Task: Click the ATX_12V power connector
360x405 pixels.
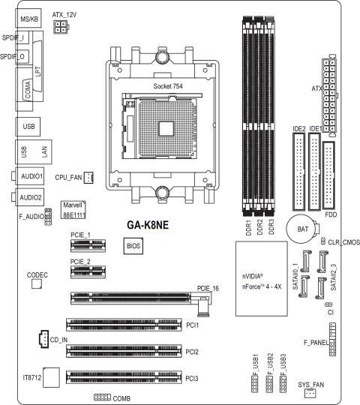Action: [61, 26]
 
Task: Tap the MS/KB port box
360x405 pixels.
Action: [28, 18]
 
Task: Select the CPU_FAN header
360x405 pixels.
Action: [88, 178]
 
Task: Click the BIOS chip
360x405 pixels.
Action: [133, 246]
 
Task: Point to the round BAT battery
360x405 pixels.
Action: [302, 229]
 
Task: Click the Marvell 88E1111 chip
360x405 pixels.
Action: [73, 209]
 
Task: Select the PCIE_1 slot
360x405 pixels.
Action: [88, 246]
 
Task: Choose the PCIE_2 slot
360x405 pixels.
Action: [88, 271]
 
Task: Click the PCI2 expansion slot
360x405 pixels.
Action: [124, 351]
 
